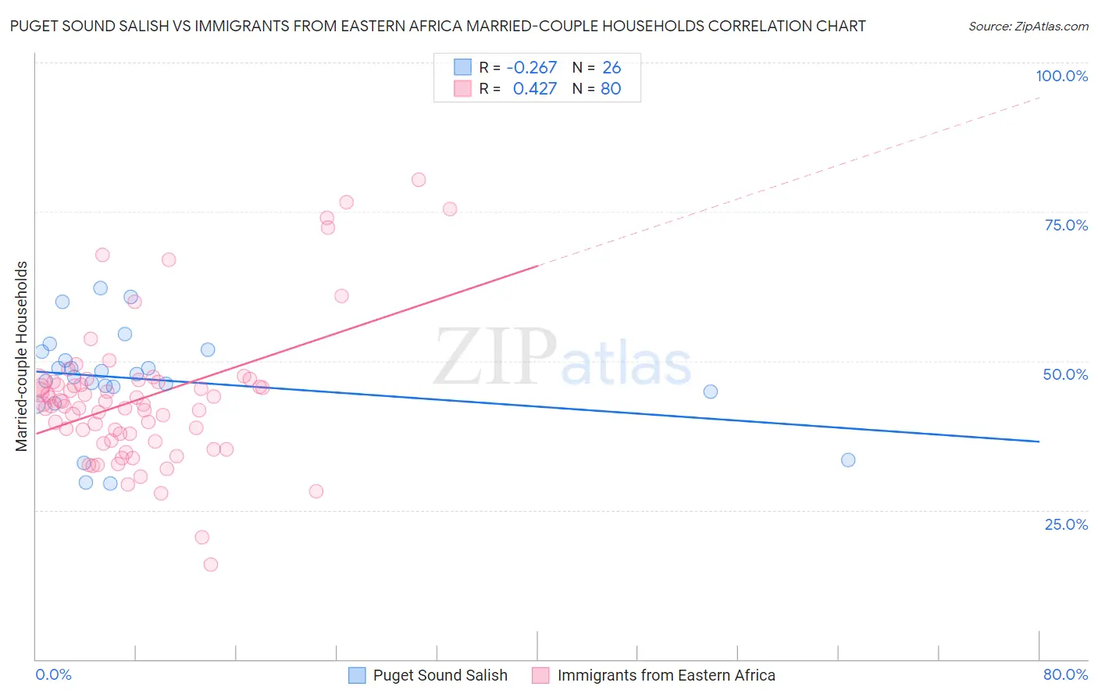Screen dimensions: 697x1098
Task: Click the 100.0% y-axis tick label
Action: (1061, 76)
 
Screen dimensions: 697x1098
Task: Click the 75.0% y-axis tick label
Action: (1066, 225)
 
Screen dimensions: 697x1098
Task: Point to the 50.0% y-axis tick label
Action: (1065, 374)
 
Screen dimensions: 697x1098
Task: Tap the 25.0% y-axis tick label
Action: (1066, 524)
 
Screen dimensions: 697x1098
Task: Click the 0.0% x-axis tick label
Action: (54, 674)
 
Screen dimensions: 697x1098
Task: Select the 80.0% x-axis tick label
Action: (1065, 674)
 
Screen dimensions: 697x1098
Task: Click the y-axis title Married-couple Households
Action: (22, 356)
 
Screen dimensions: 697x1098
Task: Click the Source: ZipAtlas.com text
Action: (1028, 27)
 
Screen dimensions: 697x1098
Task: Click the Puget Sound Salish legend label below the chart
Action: (440, 675)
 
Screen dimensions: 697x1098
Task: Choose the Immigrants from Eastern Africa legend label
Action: (666, 675)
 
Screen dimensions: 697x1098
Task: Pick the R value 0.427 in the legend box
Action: (535, 89)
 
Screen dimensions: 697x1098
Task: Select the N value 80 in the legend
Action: (611, 89)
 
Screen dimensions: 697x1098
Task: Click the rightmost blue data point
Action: (848, 460)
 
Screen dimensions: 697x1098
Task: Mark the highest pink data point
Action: (419, 180)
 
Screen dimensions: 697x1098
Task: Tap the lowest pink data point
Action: (210, 565)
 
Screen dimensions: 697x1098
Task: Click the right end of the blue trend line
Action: (1039, 441)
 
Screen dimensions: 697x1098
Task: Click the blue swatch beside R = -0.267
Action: (463, 68)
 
